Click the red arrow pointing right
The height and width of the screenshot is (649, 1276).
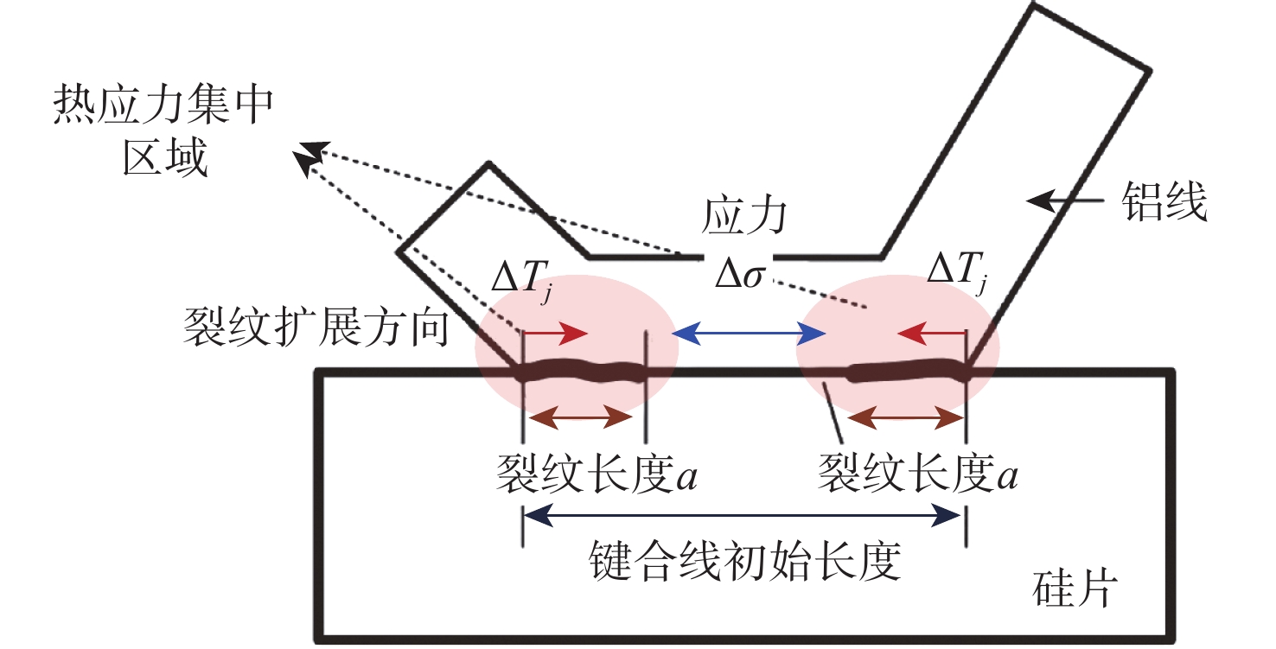pyautogui.click(x=556, y=332)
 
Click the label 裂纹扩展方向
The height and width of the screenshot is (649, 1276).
pyautogui.click(x=316, y=329)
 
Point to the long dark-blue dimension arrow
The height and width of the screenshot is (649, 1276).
pyautogui.click(x=743, y=517)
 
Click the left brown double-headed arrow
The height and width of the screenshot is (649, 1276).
pyautogui.click(x=582, y=418)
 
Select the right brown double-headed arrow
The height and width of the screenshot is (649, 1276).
pyautogui.click(x=905, y=418)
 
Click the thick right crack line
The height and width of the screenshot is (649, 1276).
pyautogui.click(x=908, y=372)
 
